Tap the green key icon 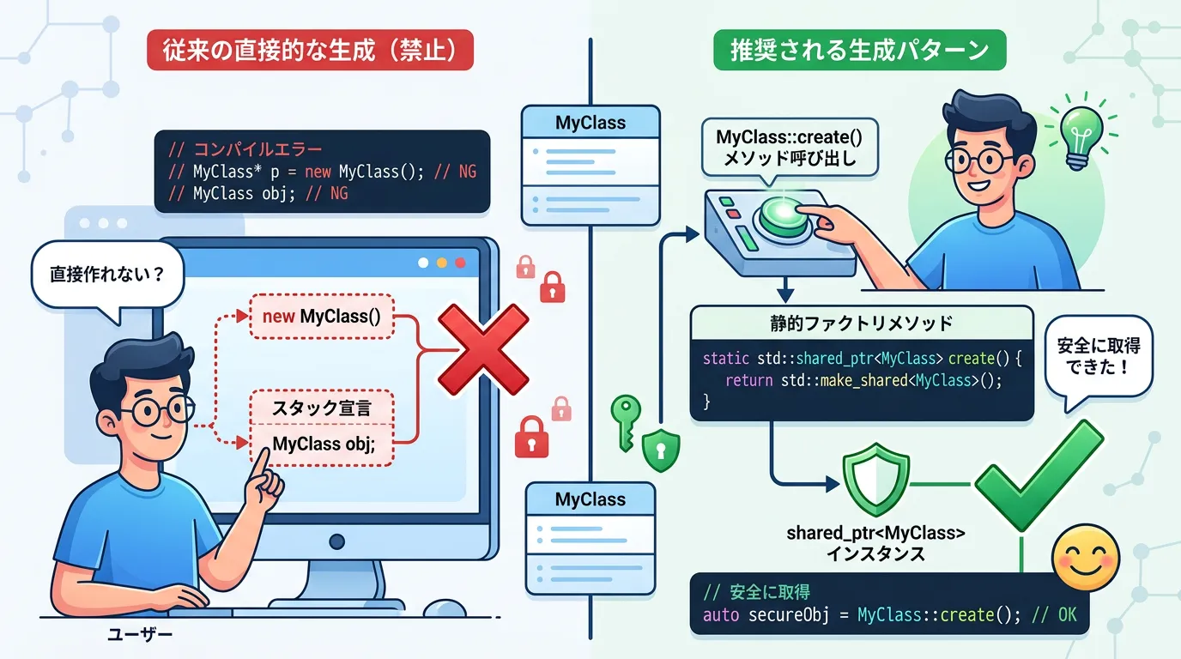(x=626, y=420)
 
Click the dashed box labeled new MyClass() (x=321, y=317)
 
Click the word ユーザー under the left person (x=140, y=636)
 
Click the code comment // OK (x=1061, y=615)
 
